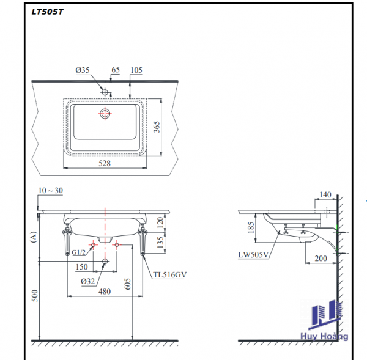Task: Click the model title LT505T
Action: click(x=47, y=11)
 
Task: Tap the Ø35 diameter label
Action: click(x=83, y=70)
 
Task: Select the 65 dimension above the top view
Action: click(x=114, y=70)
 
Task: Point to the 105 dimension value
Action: click(x=136, y=70)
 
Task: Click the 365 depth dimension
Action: click(x=157, y=127)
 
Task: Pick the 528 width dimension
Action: click(x=105, y=163)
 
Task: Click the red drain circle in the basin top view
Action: click(x=105, y=113)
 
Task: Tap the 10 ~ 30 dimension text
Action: click(x=50, y=191)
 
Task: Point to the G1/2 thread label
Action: click(x=78, y=252)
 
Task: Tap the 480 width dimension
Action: click(x=105, y=292)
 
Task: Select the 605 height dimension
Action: click(x=128, y=284)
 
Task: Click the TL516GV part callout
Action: click(x=169, y=275)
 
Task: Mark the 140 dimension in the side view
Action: click(x=325, y=194)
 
